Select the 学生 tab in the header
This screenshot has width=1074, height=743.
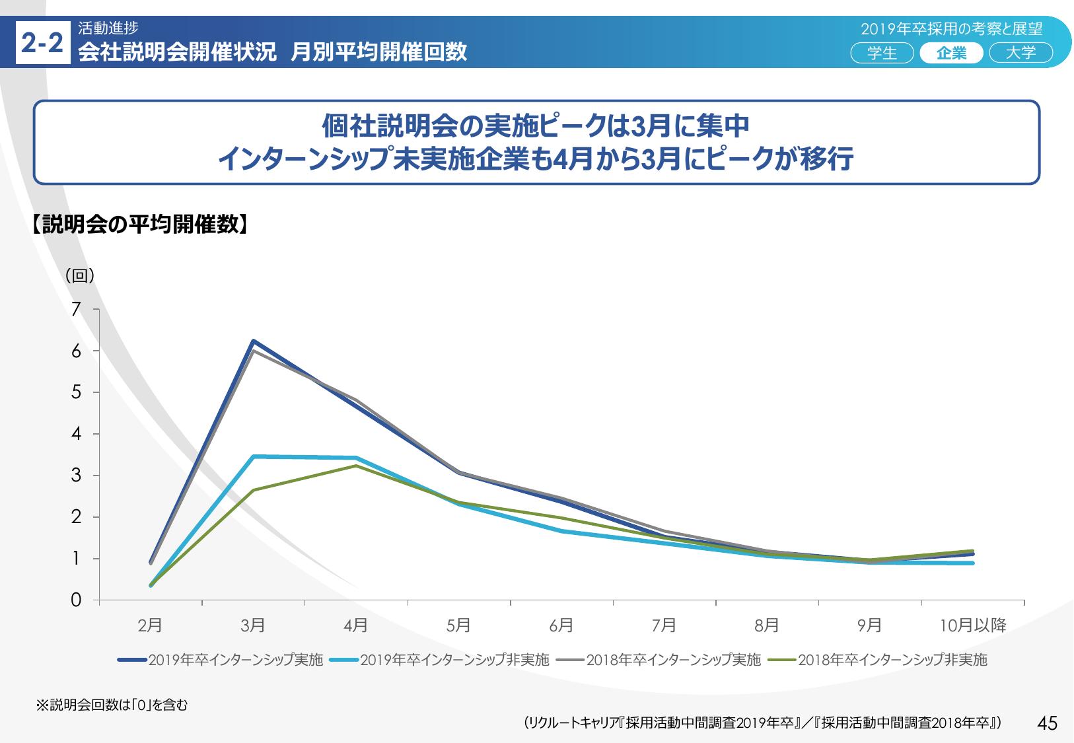[882, 53]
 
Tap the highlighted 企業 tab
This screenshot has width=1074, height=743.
[951, 53]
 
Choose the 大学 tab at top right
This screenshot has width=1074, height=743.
[1020, 53]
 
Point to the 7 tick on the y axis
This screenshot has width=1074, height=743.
[77, 309]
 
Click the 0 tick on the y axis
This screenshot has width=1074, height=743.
[77, 600]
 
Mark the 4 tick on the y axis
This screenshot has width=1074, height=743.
[77, 434]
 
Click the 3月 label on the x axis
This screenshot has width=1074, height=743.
[253, 625]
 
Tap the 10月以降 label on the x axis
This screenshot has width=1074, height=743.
[972, 625]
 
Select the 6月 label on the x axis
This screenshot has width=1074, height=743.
[561, 625]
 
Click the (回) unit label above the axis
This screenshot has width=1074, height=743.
[80, 276]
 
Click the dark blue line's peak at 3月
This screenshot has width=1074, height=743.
[253, 341]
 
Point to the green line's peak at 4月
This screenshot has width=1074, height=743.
[356, 466]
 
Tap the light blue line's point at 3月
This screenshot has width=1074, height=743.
[254, 456]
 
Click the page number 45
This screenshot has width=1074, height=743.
[1048, 723]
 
